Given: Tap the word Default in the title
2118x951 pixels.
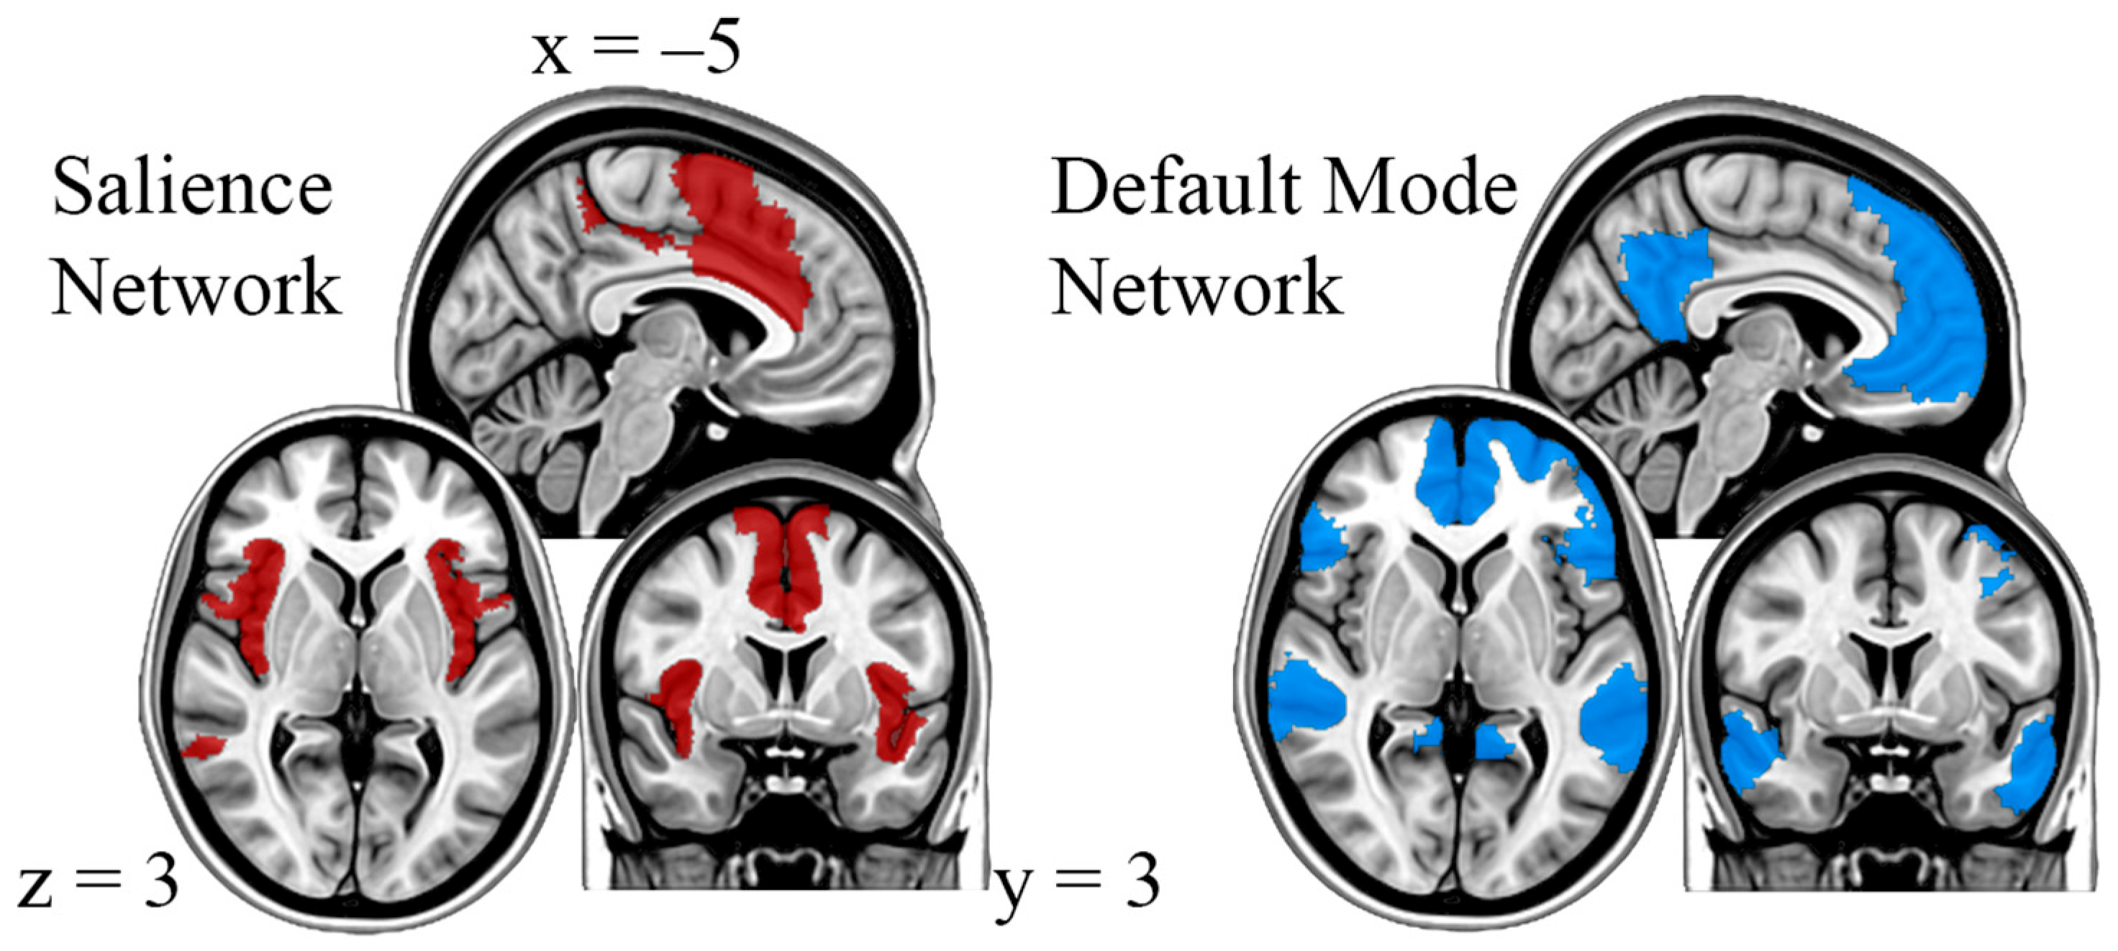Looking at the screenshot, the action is [1167, 188].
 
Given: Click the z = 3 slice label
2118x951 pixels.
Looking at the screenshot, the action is [97, 883].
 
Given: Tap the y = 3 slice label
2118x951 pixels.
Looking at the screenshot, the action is [1078, 886].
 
